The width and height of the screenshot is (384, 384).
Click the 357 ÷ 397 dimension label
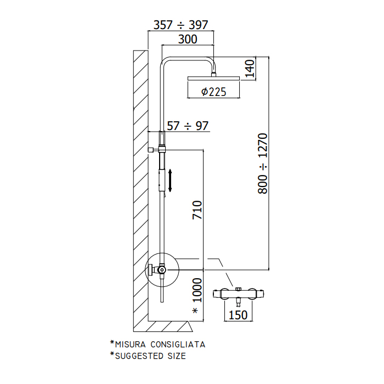(180, 25)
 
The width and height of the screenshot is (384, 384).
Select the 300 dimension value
(188, 39)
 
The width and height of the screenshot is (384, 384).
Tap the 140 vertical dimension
(250, 69)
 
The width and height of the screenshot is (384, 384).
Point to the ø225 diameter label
(213, 92)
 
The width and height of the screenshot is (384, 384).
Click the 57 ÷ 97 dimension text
(188, 126)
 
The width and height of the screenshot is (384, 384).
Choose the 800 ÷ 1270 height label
(263, 163)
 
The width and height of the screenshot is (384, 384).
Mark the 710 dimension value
(197, 210)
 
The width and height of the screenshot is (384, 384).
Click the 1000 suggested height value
(197, 290)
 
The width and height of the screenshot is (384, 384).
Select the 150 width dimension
(238, 315)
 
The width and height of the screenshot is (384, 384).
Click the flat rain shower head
(213, 78)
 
